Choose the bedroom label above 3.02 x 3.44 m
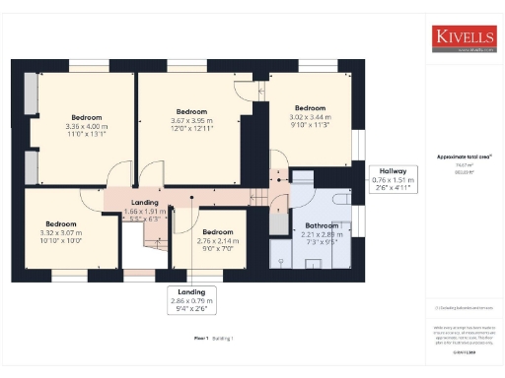point(311,107)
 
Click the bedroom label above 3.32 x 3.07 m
point(60,222)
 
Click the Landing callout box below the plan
point(190,298)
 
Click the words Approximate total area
point(464,157)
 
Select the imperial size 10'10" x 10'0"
point(60,239)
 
